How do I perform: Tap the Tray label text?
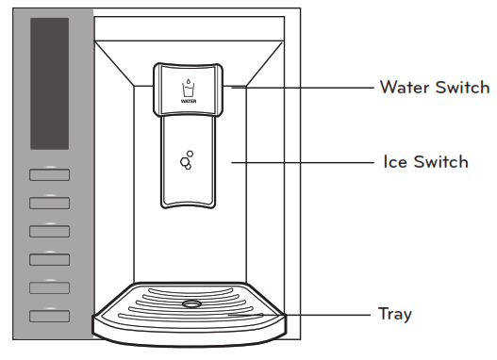pos(394,314)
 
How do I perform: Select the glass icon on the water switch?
pos(187,89)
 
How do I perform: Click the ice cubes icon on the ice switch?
pos(187,159)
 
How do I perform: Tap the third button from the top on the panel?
pos(49,231)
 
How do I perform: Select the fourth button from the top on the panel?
pos(49,259)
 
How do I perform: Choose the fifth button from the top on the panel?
pos(49,287)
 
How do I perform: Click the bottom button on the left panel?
pos(49,316)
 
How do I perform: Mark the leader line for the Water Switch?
pos(302,88)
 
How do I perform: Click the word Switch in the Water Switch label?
pos(462,88)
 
